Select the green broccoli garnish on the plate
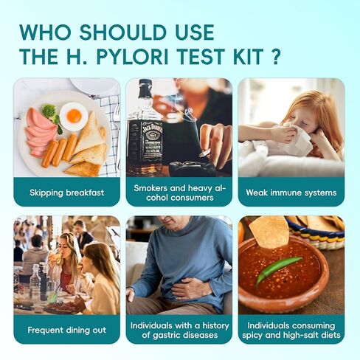[x=49, y=111]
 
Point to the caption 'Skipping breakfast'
[x=66, y=193]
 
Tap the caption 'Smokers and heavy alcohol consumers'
[x=179, y=193]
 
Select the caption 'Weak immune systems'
[x=291, y=193]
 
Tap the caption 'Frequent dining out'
[x=66, y=330]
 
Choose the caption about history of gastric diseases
[x=179, y=330]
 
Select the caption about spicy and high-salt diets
[x=291, y=330]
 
